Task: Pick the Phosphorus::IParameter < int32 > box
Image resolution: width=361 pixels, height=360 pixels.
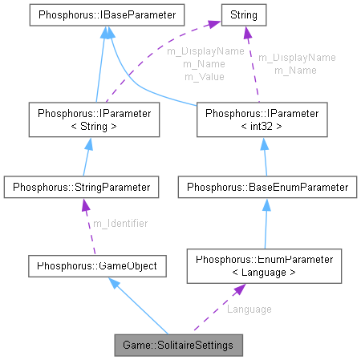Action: pos(262,119)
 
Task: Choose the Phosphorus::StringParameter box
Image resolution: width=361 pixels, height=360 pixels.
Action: pos(78,188)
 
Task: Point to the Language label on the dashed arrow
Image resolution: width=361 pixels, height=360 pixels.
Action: pos(249,309)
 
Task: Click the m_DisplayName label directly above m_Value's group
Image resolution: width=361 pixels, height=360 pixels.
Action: pos(205,51)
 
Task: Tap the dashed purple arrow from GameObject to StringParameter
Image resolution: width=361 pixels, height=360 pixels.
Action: pos(88,227)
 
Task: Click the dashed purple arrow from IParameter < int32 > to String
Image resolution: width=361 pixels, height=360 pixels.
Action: pos(252,64)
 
